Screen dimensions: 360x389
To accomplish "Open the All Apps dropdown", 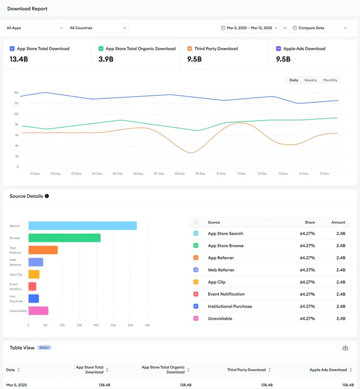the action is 35,28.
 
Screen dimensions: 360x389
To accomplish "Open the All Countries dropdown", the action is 98,28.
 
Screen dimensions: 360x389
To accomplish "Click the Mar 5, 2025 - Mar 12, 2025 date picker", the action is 249,28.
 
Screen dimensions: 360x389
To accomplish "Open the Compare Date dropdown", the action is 320,28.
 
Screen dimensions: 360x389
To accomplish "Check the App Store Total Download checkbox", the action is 12,48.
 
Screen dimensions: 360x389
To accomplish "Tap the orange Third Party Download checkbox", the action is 190,48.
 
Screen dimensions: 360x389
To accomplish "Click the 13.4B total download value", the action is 19,59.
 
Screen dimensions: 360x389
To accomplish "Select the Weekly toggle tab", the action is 311,80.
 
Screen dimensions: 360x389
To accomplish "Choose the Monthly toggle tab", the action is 330,80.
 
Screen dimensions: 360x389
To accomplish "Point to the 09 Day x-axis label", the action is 200,174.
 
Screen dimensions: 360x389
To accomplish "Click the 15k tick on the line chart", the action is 16,92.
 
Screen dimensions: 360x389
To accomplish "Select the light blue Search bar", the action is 83,226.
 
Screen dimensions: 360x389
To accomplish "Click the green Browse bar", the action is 64,238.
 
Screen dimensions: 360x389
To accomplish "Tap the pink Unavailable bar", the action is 39,311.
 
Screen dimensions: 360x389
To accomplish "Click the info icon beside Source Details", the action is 47,196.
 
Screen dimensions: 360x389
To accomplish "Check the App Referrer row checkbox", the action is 196,258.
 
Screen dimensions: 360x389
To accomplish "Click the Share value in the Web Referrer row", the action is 307,270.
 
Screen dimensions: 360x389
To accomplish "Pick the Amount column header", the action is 338,222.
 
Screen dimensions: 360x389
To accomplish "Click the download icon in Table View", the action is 345,348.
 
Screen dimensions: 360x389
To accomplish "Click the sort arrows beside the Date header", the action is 19,370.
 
